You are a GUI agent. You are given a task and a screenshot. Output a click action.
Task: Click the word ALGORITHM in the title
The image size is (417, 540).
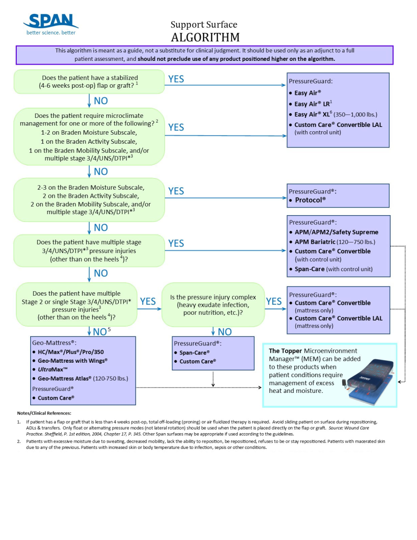(205, 37)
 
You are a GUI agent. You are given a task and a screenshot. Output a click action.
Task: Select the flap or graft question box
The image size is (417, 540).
(89, 81)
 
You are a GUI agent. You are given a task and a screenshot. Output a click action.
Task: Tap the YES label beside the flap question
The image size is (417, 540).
(176, 79)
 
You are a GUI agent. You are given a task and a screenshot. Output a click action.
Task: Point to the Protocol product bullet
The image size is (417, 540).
(310, 200)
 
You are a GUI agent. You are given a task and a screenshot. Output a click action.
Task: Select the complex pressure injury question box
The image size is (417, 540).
(213, 305)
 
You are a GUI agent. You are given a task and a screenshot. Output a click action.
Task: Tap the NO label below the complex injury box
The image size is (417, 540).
(224, 332)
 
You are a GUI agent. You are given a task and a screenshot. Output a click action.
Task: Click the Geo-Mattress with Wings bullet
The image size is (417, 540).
(72, 360)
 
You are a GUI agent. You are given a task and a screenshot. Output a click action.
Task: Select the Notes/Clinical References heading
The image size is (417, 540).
(44, 413)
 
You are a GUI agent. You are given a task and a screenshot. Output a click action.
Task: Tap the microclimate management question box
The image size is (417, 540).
(89, 137)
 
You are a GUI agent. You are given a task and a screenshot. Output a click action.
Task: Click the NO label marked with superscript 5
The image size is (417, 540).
(102, 332)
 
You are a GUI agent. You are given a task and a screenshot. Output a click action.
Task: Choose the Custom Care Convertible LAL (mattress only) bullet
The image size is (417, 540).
(338, 322)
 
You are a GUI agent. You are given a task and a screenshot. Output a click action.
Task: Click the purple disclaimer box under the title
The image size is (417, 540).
(204, 55)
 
